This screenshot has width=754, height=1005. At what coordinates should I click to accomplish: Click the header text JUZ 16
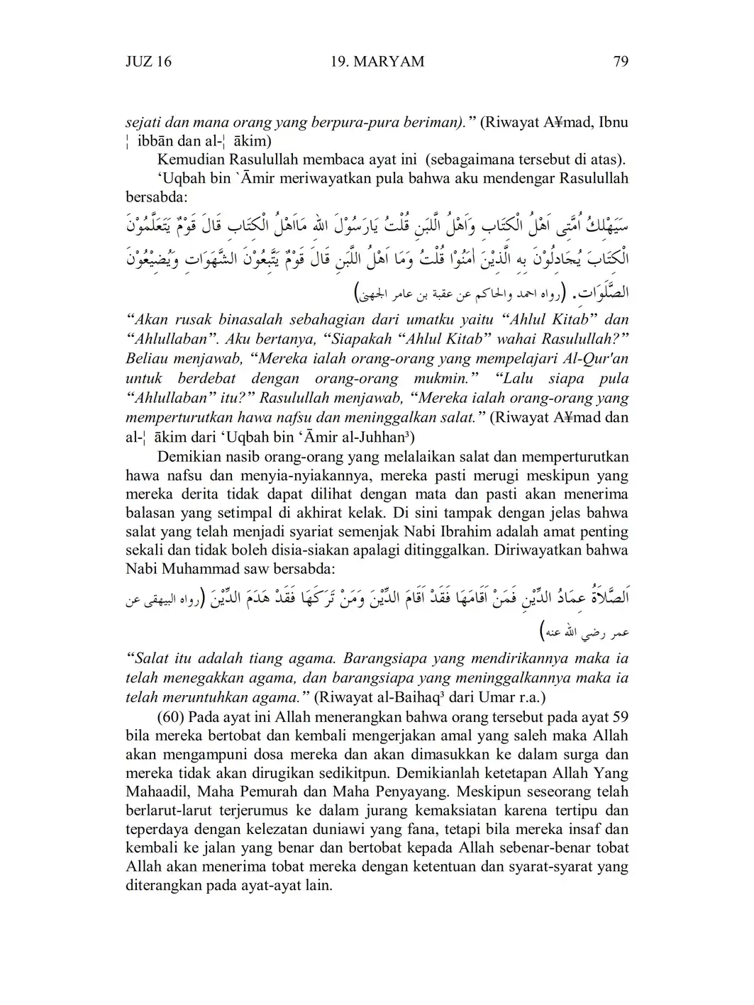coord(148,62)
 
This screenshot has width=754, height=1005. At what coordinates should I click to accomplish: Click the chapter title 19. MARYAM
coord(377,62)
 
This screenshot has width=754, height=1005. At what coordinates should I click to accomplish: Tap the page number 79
coord(620,62)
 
